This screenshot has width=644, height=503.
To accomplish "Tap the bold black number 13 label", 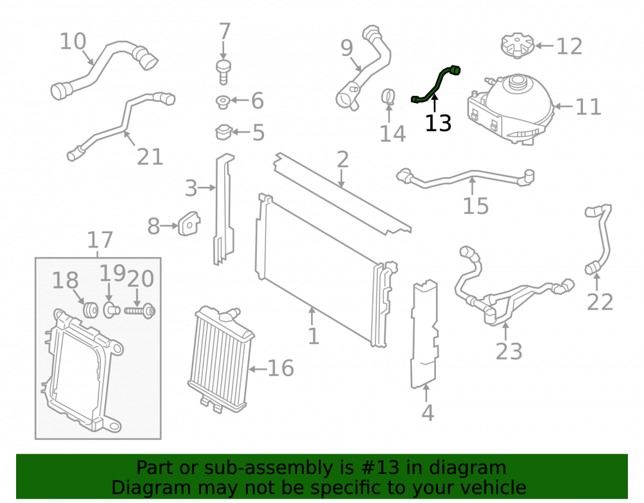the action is [438, 123].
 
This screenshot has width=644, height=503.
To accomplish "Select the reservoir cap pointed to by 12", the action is [518, 46].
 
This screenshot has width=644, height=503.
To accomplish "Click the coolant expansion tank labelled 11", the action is [509, 109].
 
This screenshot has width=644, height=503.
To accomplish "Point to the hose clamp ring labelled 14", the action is [388, 97].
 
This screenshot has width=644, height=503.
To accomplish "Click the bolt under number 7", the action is [223, 72].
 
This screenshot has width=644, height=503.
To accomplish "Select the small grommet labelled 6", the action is [223, 101].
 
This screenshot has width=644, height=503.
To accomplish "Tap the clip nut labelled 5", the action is [223, 132].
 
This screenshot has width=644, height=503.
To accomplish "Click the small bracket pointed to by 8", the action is [189, 223].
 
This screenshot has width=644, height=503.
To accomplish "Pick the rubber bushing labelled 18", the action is [90, 310].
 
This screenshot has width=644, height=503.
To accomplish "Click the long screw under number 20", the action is [140, 311].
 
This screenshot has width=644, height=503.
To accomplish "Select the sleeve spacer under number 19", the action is [111, 310].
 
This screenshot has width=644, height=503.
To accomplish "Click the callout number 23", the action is [509, 352].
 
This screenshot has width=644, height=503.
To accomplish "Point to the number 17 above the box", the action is [100, 240].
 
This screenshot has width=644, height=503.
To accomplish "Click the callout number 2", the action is [343, 159].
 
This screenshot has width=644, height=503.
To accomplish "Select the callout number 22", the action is [600, 302].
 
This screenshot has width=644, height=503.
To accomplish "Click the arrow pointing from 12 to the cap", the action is [544, 46].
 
